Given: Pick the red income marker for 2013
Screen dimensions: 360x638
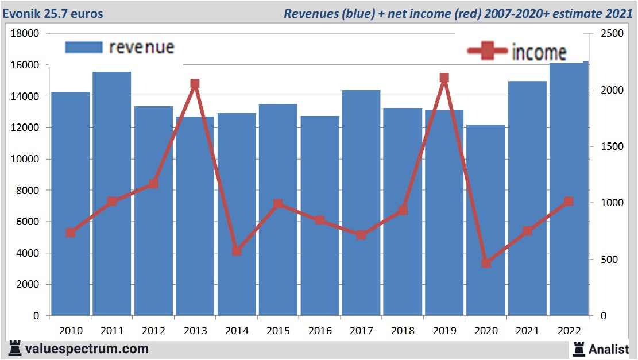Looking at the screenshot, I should click(195, 84).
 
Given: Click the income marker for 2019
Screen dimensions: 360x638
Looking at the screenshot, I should click(444, 78).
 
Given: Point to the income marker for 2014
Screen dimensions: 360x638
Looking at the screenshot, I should click(237, 251).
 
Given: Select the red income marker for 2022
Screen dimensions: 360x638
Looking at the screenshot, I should click(569, 202).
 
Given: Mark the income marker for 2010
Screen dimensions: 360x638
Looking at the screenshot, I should click(71, 233).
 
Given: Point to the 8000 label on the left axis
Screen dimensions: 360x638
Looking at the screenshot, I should click(28, 191).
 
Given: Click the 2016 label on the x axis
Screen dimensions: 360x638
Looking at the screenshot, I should click(319, 331).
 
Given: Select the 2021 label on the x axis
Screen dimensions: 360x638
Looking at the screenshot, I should click(527, 331).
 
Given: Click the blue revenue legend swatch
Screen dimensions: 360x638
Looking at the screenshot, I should click(83, 47).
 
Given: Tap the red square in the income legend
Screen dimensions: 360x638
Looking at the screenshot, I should click(488, 51).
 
